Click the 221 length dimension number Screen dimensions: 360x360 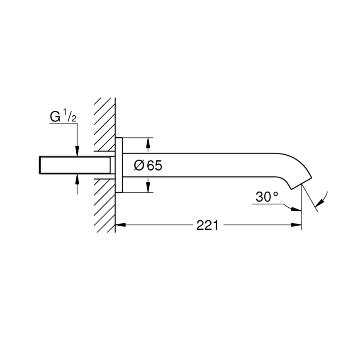point(207,225)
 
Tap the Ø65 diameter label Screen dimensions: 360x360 point(148,165)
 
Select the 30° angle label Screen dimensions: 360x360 point(267,197)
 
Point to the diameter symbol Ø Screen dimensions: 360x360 point(139,165)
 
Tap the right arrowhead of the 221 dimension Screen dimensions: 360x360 point(297,225)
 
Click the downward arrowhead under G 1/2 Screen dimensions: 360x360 point(77,152)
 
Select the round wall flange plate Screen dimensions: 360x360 point(119,165)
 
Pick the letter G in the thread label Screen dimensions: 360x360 point(55,117)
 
